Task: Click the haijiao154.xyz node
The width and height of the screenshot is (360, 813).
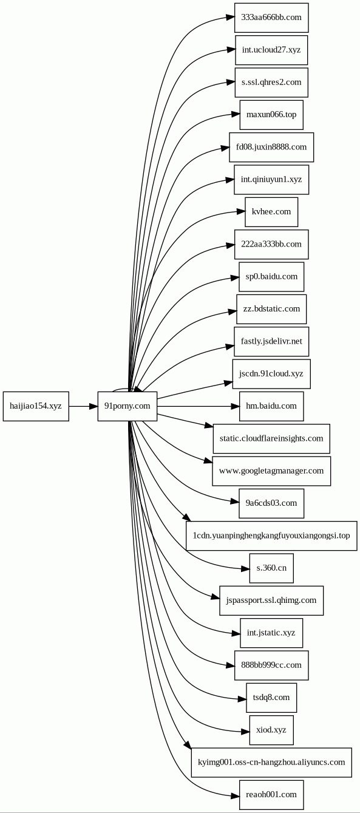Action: (36, 406)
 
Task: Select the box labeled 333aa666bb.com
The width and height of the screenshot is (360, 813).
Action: (271, 18)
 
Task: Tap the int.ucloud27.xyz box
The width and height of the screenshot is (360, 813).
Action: (271, 50)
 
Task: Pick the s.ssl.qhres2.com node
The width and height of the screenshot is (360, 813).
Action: (271, 83)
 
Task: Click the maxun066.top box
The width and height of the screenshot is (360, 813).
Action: (271, 115)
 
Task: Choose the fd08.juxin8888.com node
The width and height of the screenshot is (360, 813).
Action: (271, 147)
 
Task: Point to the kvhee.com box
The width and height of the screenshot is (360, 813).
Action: (271, 212)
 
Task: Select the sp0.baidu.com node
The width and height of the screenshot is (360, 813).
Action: (271, 276)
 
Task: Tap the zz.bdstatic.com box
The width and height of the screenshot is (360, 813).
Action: (271, 309)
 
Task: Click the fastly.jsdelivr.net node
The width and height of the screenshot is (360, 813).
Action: (271, 341)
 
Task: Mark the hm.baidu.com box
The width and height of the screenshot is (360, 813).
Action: (271, 406)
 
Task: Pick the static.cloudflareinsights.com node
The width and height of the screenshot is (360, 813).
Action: (271, 438)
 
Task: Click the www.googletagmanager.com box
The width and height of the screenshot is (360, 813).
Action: (271, 471)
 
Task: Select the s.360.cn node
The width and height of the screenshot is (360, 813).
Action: (271, 568)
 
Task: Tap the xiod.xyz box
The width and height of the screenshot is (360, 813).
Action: (271, 730)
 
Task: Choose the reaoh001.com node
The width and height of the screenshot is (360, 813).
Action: (271, 795)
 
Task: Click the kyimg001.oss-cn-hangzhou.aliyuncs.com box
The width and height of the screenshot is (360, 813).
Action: (271, 763)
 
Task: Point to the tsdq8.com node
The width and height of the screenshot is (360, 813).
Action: (271, 698)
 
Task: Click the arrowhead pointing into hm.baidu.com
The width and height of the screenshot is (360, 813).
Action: (235, 406)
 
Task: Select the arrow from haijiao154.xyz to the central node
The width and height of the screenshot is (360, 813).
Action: (83, 406)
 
